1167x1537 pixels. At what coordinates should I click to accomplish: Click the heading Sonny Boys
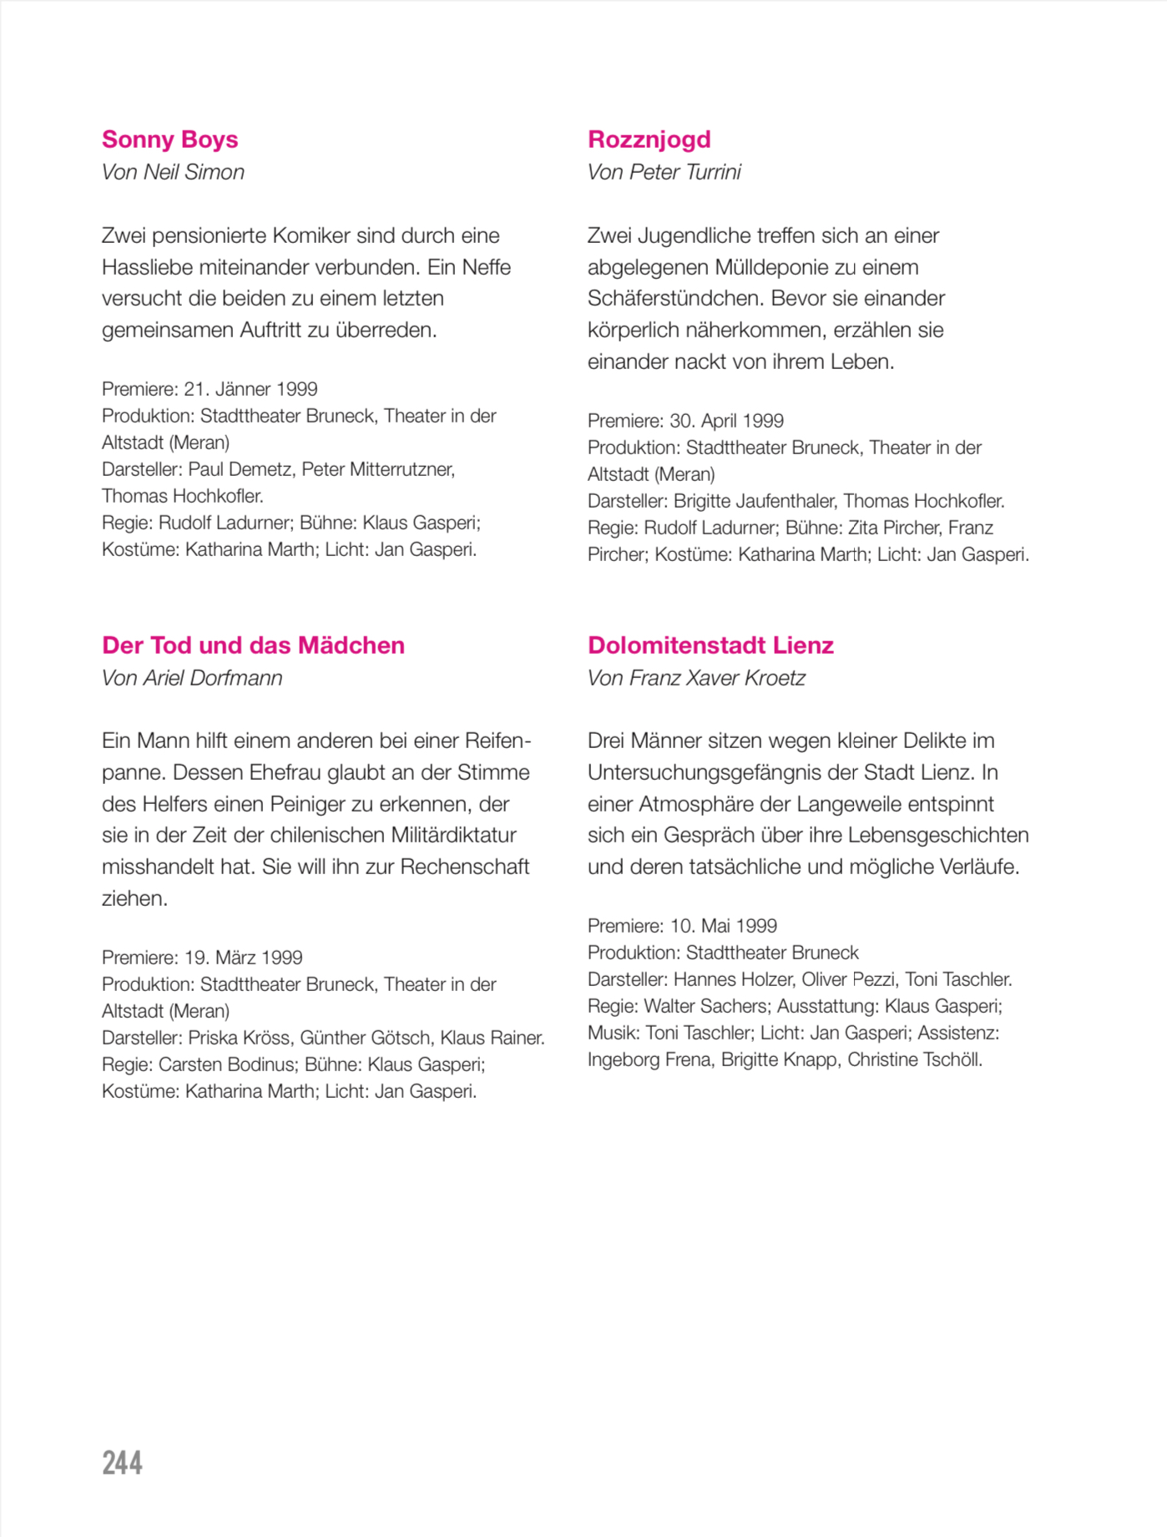(169, 139)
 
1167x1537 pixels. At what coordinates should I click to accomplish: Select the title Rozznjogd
(649, 139)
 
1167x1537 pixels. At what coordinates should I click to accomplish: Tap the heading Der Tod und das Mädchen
(253, 645)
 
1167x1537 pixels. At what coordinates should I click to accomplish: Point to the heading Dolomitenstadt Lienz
(710, 645)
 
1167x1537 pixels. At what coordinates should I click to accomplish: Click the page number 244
(122, 1463)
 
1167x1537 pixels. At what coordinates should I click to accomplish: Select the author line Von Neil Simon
(173, 172)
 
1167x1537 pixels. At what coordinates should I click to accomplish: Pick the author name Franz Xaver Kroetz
(717, 678)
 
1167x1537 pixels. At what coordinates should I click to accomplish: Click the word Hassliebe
(147, 267)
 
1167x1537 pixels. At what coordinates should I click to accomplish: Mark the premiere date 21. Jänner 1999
(250, 389)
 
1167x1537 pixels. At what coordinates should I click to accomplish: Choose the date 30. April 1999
(726, 421)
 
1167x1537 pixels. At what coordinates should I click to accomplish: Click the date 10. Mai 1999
(723, 926)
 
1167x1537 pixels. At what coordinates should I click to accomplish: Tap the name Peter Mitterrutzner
(377, 469)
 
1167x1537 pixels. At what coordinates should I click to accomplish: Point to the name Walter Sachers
(705, 1006)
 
